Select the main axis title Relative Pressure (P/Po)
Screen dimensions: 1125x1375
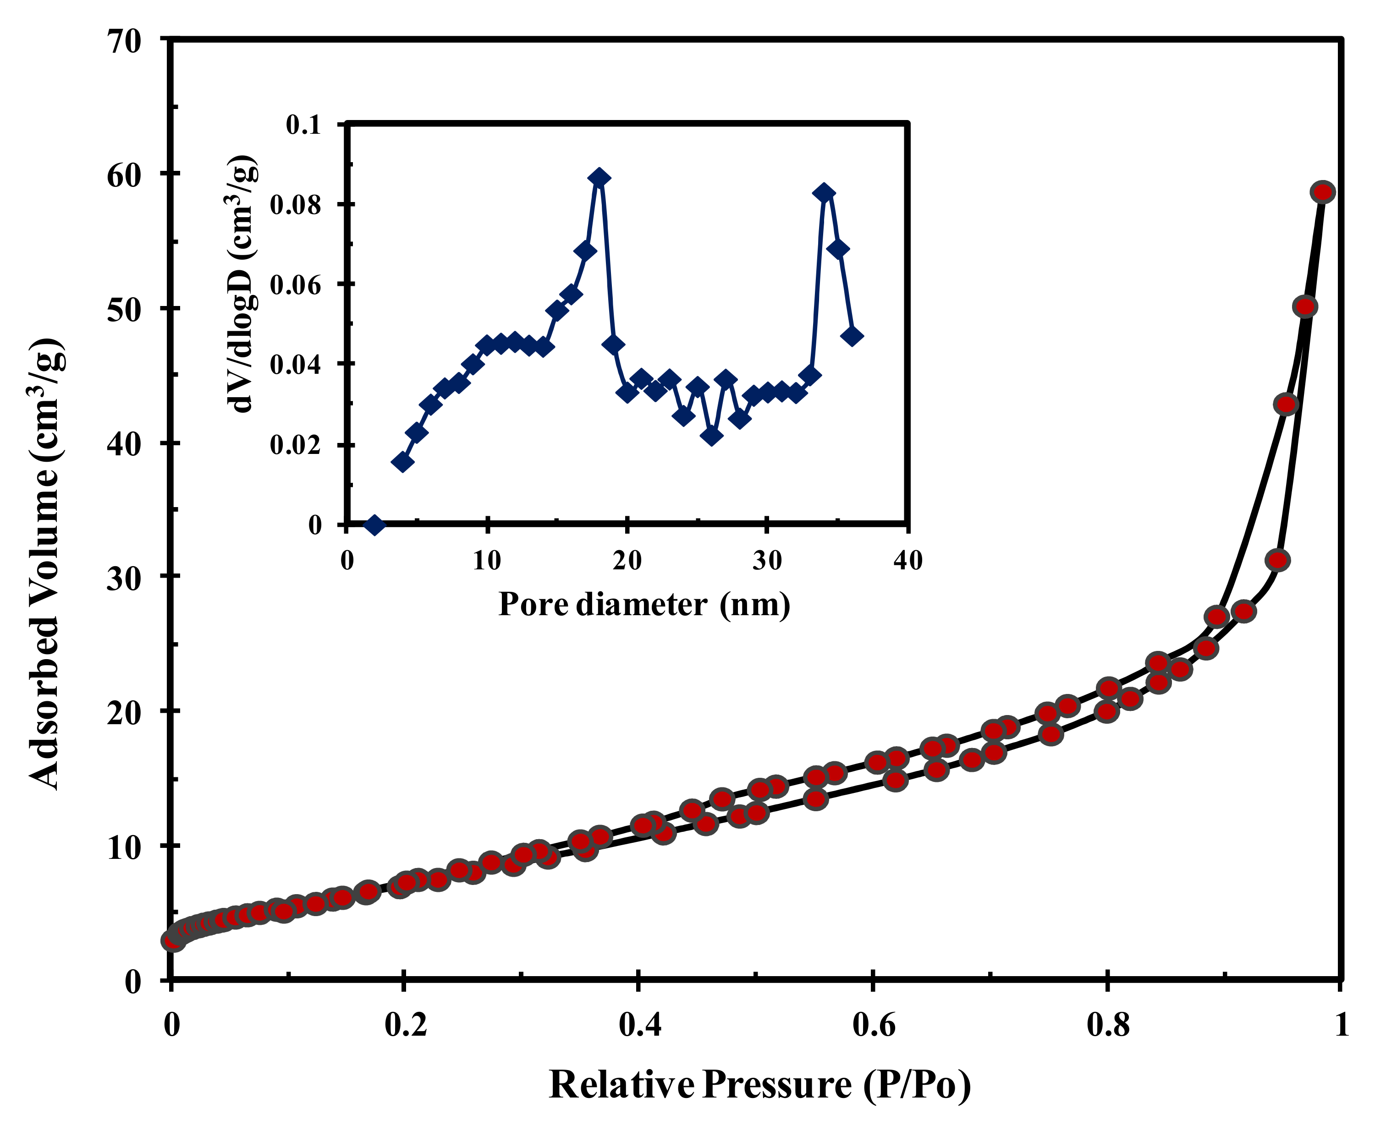click(x=759, y=1085)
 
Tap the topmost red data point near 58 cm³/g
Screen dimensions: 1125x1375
click(x=1322, y=192)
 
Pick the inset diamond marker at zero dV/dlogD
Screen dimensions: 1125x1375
click(x=374, y=524)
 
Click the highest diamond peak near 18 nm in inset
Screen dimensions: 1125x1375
click(x=599, y=178)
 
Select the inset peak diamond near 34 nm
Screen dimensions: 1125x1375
click(x=824, y=193)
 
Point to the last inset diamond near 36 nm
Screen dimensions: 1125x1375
click(x=852, y=336)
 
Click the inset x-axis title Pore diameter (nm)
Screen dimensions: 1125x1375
click(x=644, y=604)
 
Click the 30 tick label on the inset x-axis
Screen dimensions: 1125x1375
click(x=767, y=561)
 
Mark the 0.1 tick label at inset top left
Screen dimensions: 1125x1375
click(x=303, y=125)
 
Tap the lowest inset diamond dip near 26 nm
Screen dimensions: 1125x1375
click(x=712, y=436)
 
